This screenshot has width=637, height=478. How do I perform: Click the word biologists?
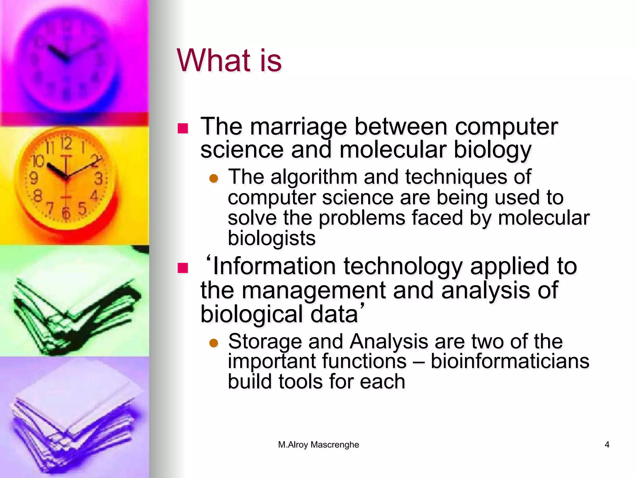tap(272, 238)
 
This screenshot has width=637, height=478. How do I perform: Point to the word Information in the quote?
tap(274, 267)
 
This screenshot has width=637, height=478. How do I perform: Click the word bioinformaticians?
tap(510, 362)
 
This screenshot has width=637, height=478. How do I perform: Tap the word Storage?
tap(265, 341)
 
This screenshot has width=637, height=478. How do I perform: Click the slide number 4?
tap(607, 445)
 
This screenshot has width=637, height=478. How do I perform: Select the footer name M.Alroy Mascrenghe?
tap(318, 445)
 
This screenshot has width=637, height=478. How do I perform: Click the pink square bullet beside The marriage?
tap(183, 128)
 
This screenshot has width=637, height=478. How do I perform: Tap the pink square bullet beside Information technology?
tap(183, 268)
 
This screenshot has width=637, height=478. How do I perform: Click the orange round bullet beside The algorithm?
tap(214, 179)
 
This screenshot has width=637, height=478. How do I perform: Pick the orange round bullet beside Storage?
tap(214, 343)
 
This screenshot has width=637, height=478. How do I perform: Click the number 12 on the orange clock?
tap(66, 144)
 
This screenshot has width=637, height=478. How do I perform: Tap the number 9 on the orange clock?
tap(34, 178)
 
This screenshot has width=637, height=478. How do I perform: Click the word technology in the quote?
tap(403, 267)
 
